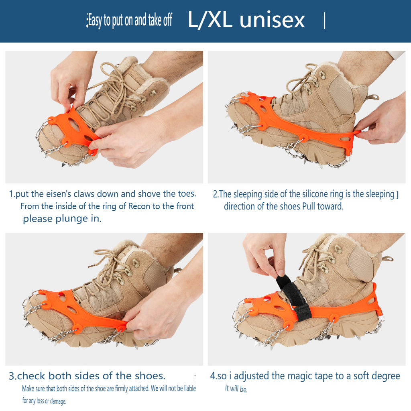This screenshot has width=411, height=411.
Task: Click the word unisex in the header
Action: (273, 20)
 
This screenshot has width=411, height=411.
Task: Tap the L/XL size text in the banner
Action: (210, 20)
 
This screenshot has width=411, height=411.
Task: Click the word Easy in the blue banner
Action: (95, 20)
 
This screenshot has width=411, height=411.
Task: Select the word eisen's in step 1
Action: (59, 194)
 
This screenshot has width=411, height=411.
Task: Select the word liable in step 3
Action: (190, 388)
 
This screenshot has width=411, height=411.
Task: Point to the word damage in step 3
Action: (58, 401)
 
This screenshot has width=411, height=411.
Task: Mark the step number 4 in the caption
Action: (213, 376)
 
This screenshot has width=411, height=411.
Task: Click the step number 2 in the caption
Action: (215, 194)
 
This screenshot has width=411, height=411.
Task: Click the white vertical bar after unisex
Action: (324, 21)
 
